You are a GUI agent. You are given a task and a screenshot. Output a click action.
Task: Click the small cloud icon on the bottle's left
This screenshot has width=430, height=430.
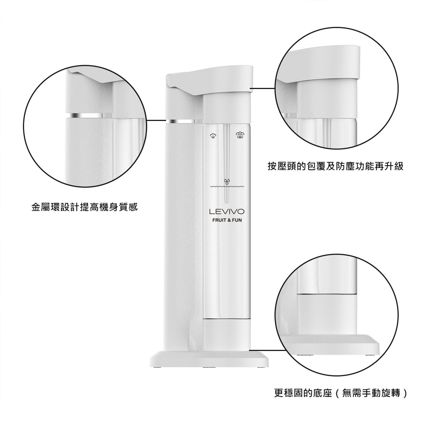tap(213, 136)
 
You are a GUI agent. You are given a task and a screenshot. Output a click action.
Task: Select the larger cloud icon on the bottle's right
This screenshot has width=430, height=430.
tap(240, 135)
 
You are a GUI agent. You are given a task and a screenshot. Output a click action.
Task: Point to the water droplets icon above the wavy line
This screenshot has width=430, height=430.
tap(227, 182)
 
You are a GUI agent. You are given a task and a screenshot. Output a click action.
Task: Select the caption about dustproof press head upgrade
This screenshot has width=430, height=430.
tap(335, 166)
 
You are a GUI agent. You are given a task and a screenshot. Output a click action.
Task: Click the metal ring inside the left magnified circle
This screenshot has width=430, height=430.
tap(89, 115)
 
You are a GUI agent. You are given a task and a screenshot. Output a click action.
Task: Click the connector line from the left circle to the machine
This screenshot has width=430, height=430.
tap(156, 120)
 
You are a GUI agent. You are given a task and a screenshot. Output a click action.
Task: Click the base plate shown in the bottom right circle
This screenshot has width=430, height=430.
tap(330, 345)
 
